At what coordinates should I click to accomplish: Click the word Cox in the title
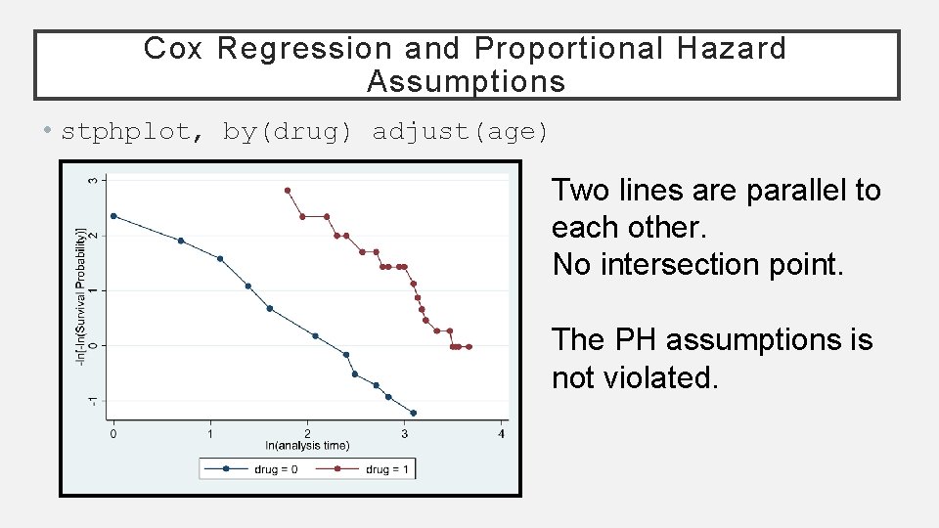[x=172, y=48]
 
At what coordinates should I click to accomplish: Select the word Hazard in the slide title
[x=730, y=48]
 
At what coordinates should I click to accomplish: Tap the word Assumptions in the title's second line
[x=467, y=81]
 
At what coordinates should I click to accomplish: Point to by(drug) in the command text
[x=287, y=131]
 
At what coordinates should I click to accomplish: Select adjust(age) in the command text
[x=461, y=131]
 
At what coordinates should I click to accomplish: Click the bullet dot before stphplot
[x=47, y=132]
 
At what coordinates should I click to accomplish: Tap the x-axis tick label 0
[x=113, y=432]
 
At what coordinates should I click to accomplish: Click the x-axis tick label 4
[x=502, y=432]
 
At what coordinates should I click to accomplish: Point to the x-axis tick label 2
[x=307, y=432]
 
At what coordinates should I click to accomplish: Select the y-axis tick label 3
[x=93, y=180]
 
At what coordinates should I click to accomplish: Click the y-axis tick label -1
[x=93, y=401]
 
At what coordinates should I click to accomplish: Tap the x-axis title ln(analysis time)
[x=307, y=446]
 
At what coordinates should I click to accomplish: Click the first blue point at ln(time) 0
[x=113, y=216]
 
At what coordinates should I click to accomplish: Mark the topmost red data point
[x=288, y=191]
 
